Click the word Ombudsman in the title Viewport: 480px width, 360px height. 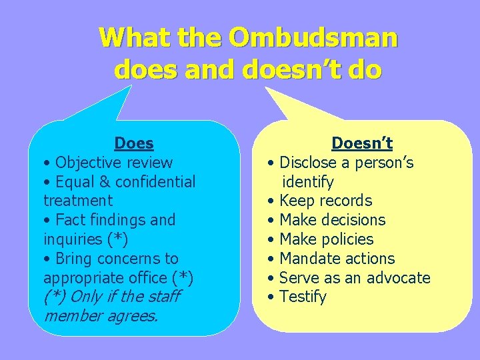pos(313,37)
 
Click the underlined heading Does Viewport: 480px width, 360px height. pos(134,143)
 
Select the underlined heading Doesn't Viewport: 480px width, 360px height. pos(362,143)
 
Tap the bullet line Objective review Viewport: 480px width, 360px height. pos(107,163)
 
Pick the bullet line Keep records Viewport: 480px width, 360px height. pos(319,201)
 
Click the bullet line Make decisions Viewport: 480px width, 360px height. pos(326,220)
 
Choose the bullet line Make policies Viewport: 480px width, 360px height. pos(320,239)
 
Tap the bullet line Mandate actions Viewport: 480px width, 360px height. pos(331,259)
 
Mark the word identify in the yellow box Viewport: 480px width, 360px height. pos(308,182)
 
